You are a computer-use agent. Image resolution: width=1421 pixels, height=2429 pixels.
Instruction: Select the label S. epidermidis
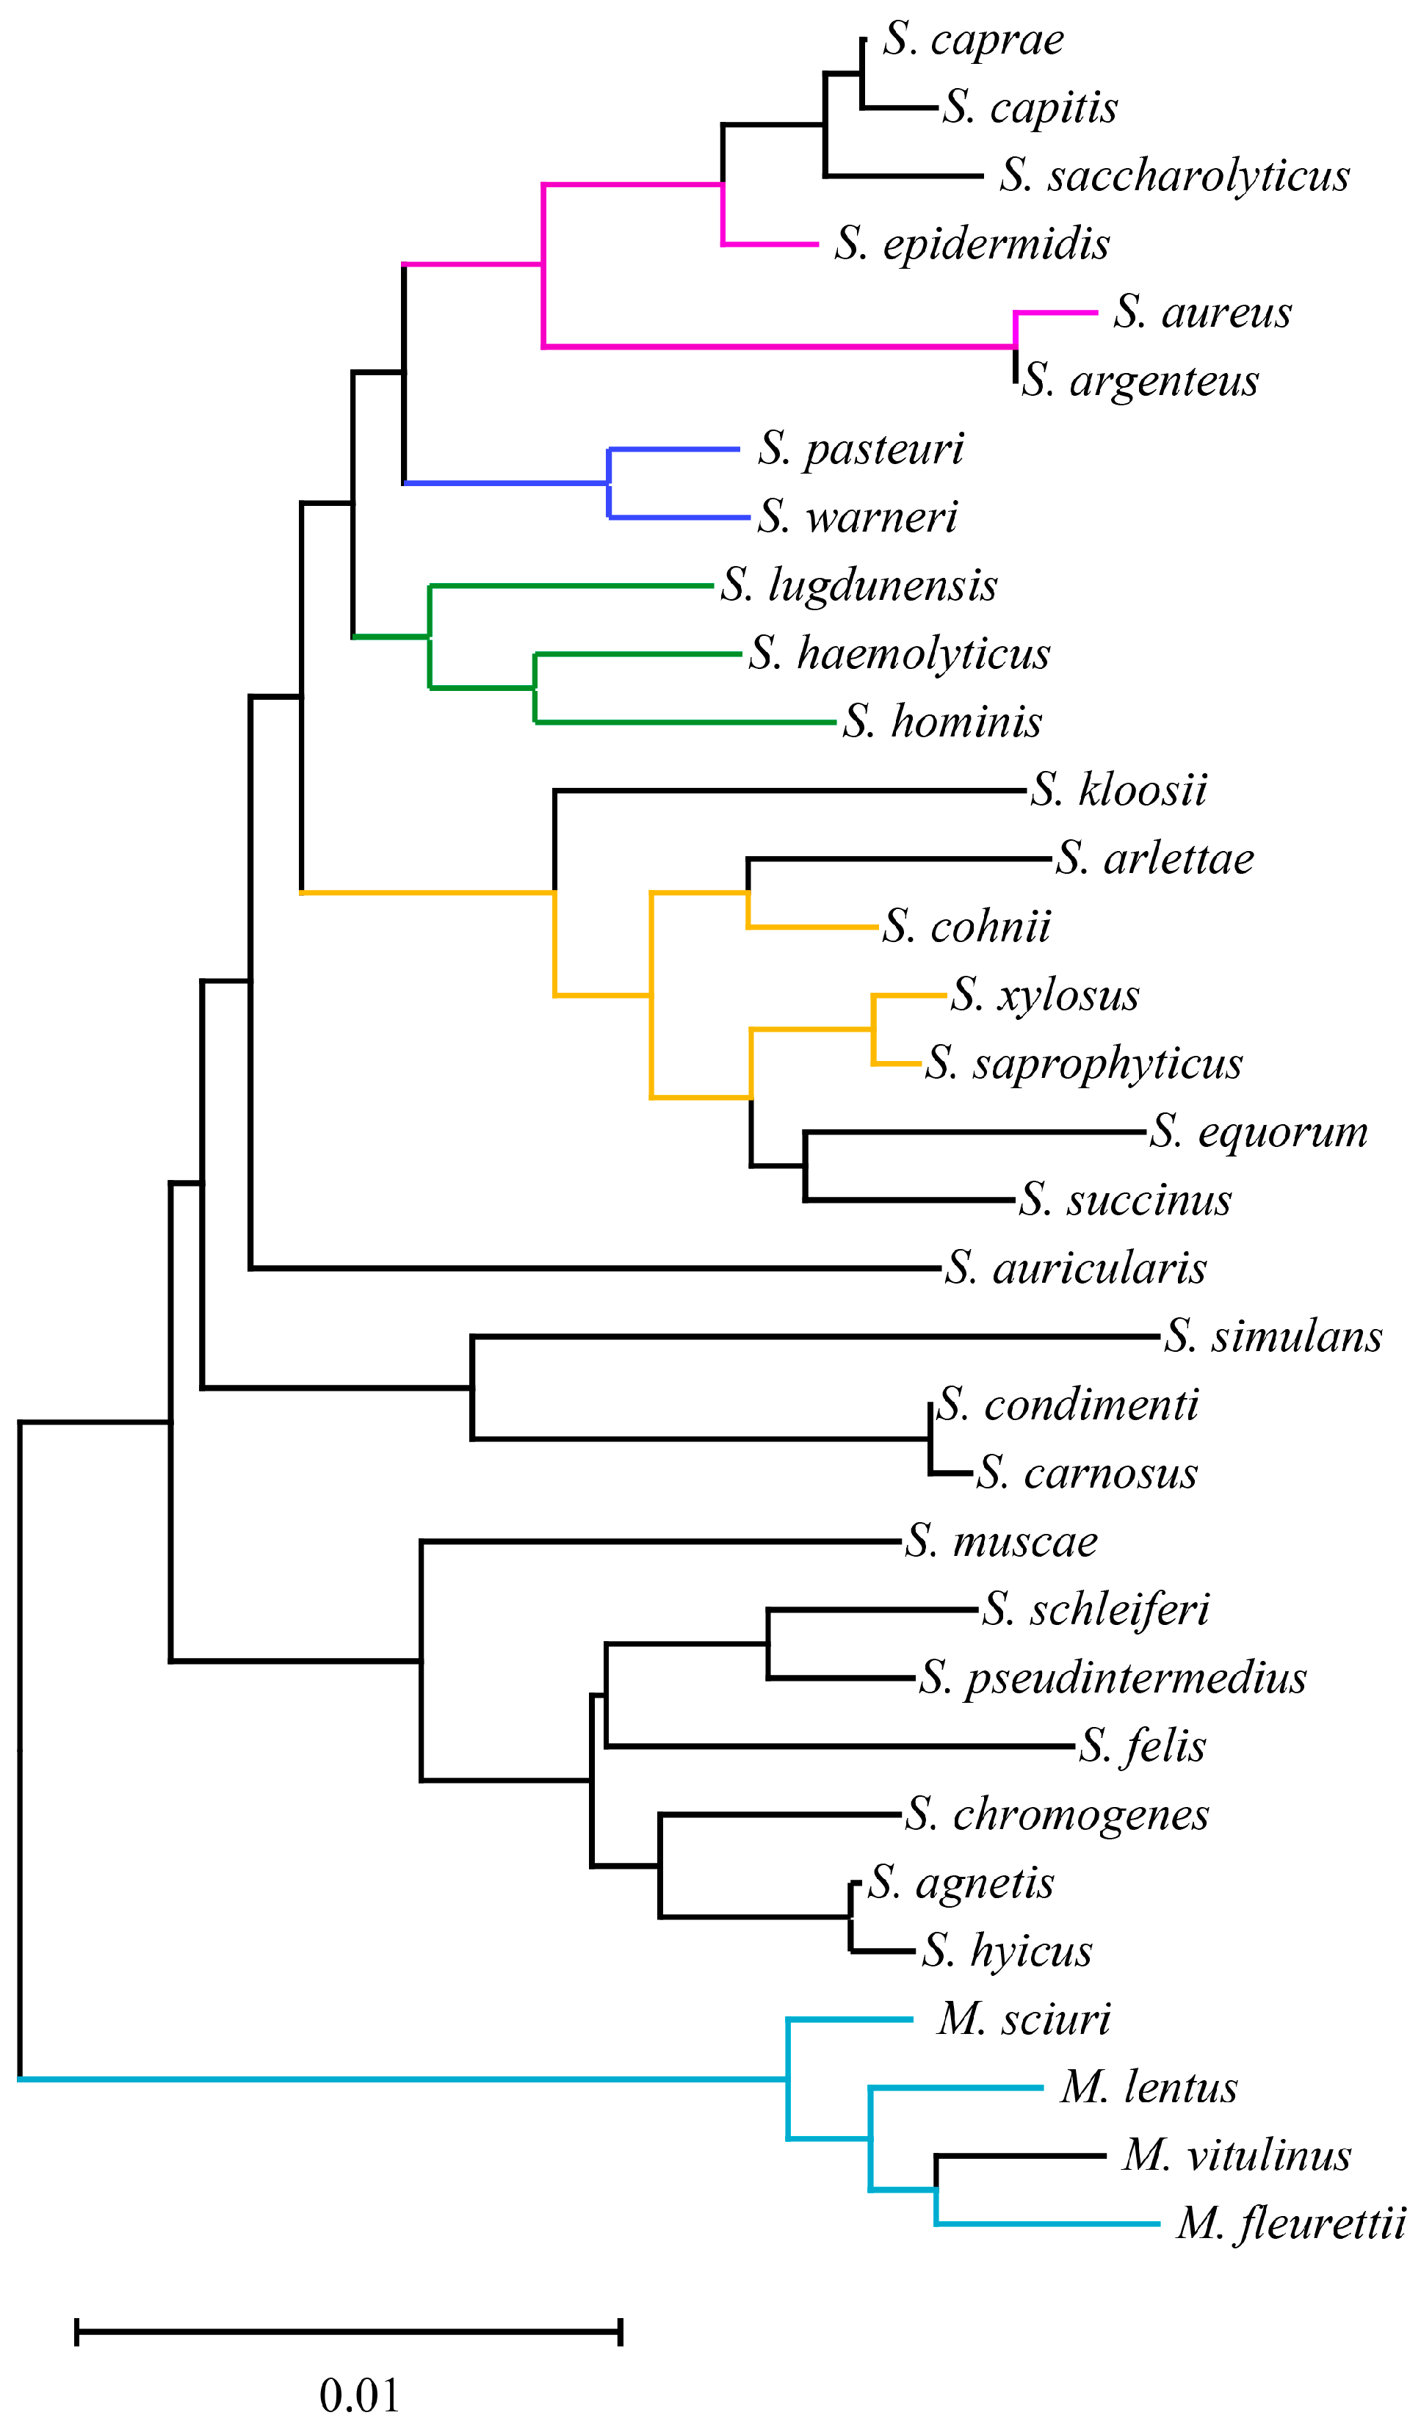click(x=972, y=243)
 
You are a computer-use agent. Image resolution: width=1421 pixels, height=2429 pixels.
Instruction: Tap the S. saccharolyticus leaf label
click(x=1174, y=175)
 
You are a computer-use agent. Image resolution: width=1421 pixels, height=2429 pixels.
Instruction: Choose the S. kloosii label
click(x=1118, y=789)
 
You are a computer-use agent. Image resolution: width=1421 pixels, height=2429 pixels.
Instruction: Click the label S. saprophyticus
click(x=1084, y=1063)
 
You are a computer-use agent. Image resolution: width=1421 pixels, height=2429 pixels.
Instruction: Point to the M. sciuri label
click(x=1024, y=2019)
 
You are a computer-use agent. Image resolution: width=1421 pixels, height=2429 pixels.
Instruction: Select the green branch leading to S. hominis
click(x=684, y=722)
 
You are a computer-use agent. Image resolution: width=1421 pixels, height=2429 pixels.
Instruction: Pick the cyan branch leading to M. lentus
click(x=955, y=2088)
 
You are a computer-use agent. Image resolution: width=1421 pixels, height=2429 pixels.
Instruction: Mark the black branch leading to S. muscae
click(x=660, y=1542)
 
